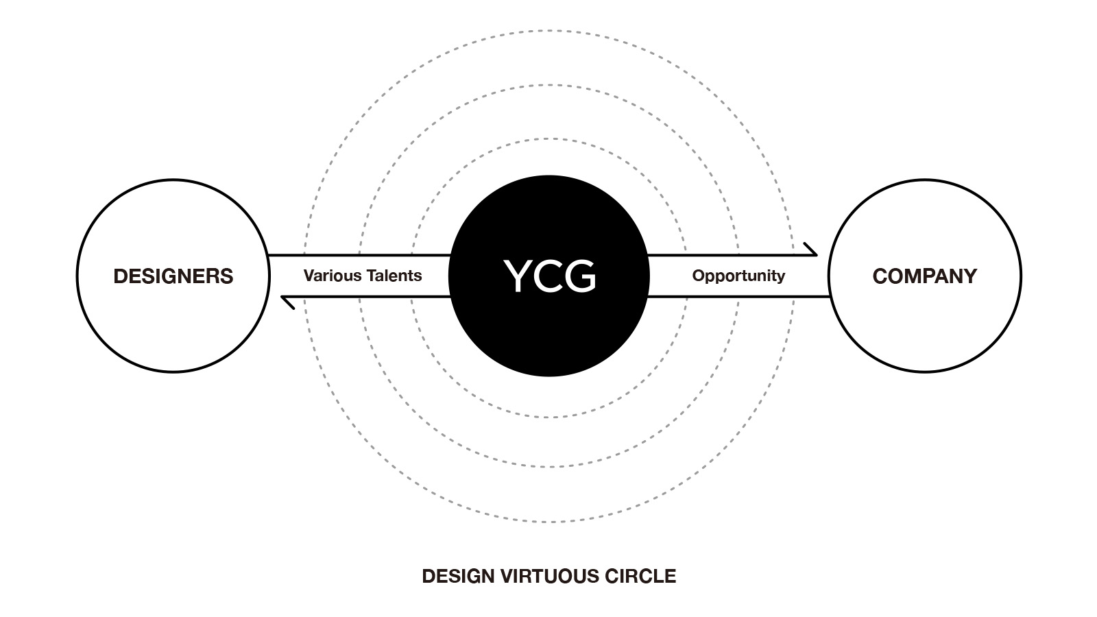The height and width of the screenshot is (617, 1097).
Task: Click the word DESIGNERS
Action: point(173,276)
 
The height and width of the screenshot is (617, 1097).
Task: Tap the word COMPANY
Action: point(924,276)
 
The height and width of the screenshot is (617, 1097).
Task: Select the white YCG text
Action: point(549,276)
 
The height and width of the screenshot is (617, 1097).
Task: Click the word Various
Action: point(332,276)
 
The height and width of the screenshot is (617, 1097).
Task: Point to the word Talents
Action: point(393,276)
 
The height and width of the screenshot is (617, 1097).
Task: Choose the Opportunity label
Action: point(738,276)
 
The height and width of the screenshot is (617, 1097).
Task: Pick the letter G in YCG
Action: point(580,276)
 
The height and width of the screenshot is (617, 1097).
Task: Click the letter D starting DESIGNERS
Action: point(120,276)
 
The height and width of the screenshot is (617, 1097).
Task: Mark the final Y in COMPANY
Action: point(969,276)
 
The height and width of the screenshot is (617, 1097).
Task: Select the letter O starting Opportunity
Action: point(698,276)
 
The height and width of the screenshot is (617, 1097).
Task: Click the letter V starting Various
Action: point(309,276)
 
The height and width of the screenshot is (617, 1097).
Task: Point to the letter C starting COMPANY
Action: point(880,276)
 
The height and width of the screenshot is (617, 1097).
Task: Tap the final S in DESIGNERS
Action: point(227,276)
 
